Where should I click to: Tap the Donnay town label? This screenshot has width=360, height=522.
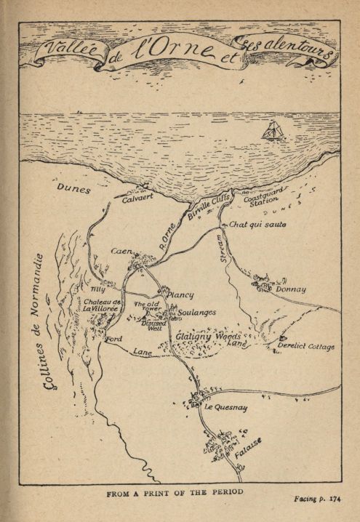coord(291,289)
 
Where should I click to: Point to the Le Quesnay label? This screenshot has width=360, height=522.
coord(225,408)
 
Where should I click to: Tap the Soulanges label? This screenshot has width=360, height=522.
coord(196,312)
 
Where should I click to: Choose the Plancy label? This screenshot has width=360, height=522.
coord(180,295)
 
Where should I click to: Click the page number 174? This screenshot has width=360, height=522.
coord(335,499)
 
